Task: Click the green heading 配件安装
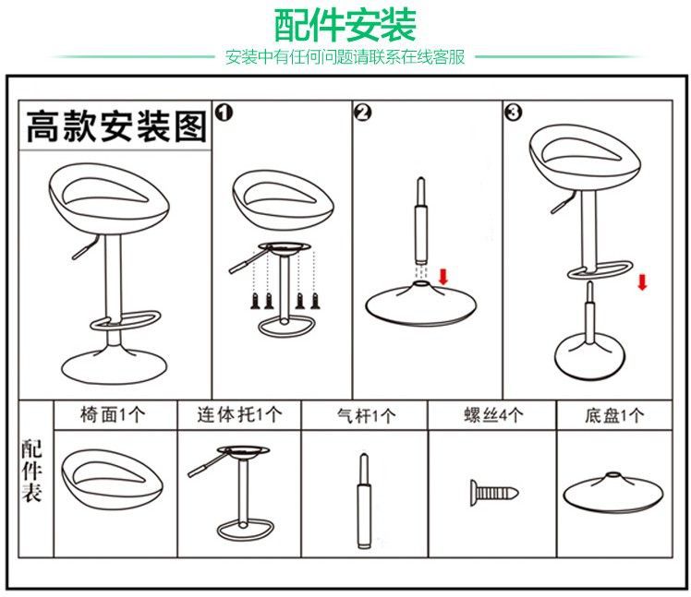click(x=345, y=24)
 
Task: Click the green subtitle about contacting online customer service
click(x=345, y=57)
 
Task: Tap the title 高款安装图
click(x=115, y=125)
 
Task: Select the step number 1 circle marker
click(x=223, y=113)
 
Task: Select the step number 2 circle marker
click(x=362, y=113)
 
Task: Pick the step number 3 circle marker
click(x=513, y=113)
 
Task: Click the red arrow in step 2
click(x=443, y=275)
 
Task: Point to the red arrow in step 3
click(x=642, y=280)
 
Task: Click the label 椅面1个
click(x=114, y=415)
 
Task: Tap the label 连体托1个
click(x=239, y=415)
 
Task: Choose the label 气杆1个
click(x=365, y=416)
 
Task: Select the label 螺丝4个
click(x=492, y=415)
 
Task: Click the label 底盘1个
click(x=614, y=415)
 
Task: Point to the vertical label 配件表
click(x=33, y=471)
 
